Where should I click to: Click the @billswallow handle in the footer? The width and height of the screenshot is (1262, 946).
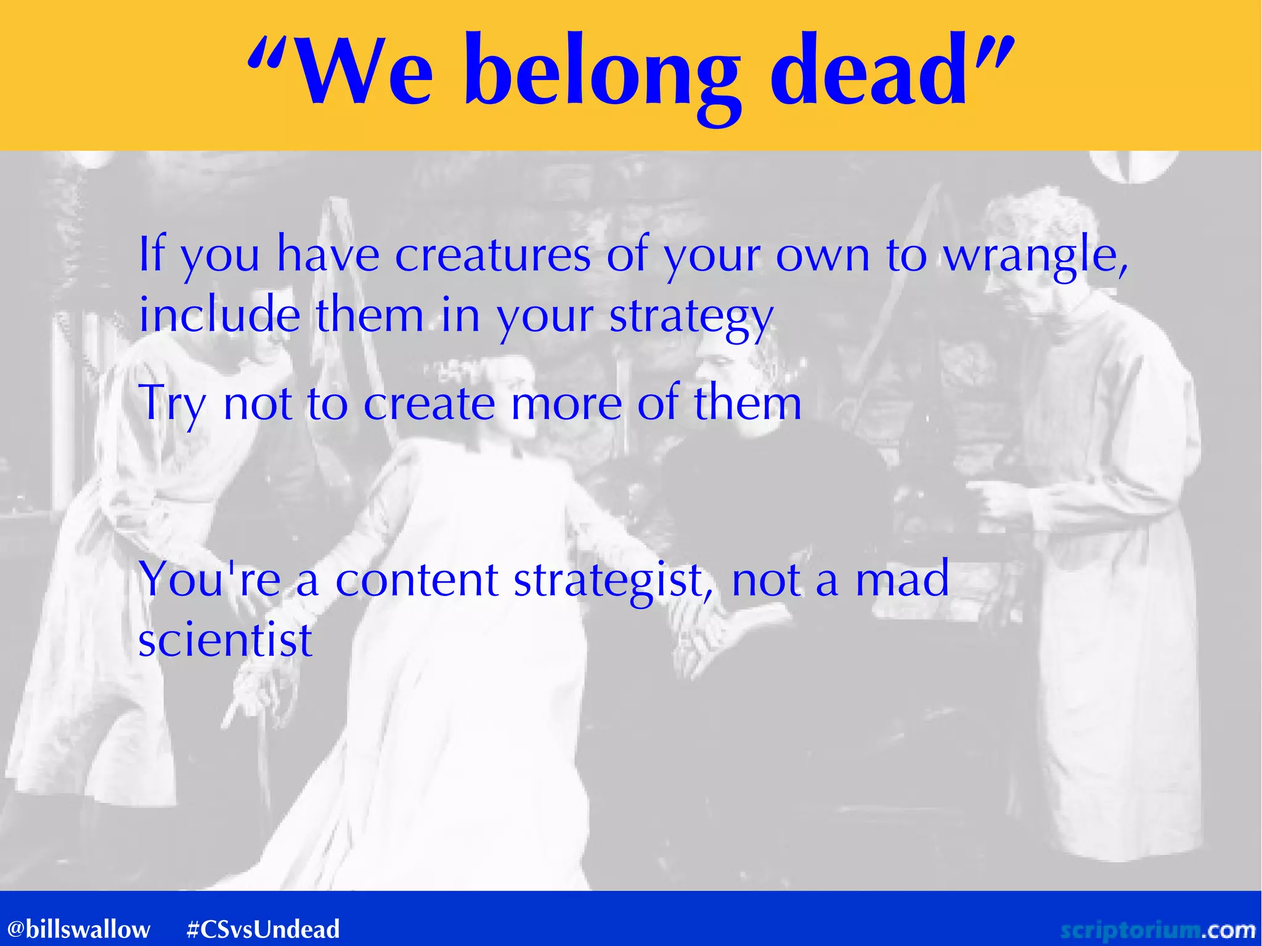pos(78,929)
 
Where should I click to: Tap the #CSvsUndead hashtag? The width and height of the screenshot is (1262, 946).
pos(263,929)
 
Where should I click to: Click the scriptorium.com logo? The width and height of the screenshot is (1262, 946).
pos(1157,929)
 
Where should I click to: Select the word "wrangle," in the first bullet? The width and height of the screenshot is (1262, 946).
pos(1036,258)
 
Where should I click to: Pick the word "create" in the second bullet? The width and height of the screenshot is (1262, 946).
pos(429,404)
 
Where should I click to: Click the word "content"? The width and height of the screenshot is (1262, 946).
pos(417,580)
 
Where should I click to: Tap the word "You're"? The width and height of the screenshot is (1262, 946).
pos(210,580)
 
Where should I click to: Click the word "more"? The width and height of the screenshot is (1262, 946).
pos(566,405)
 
